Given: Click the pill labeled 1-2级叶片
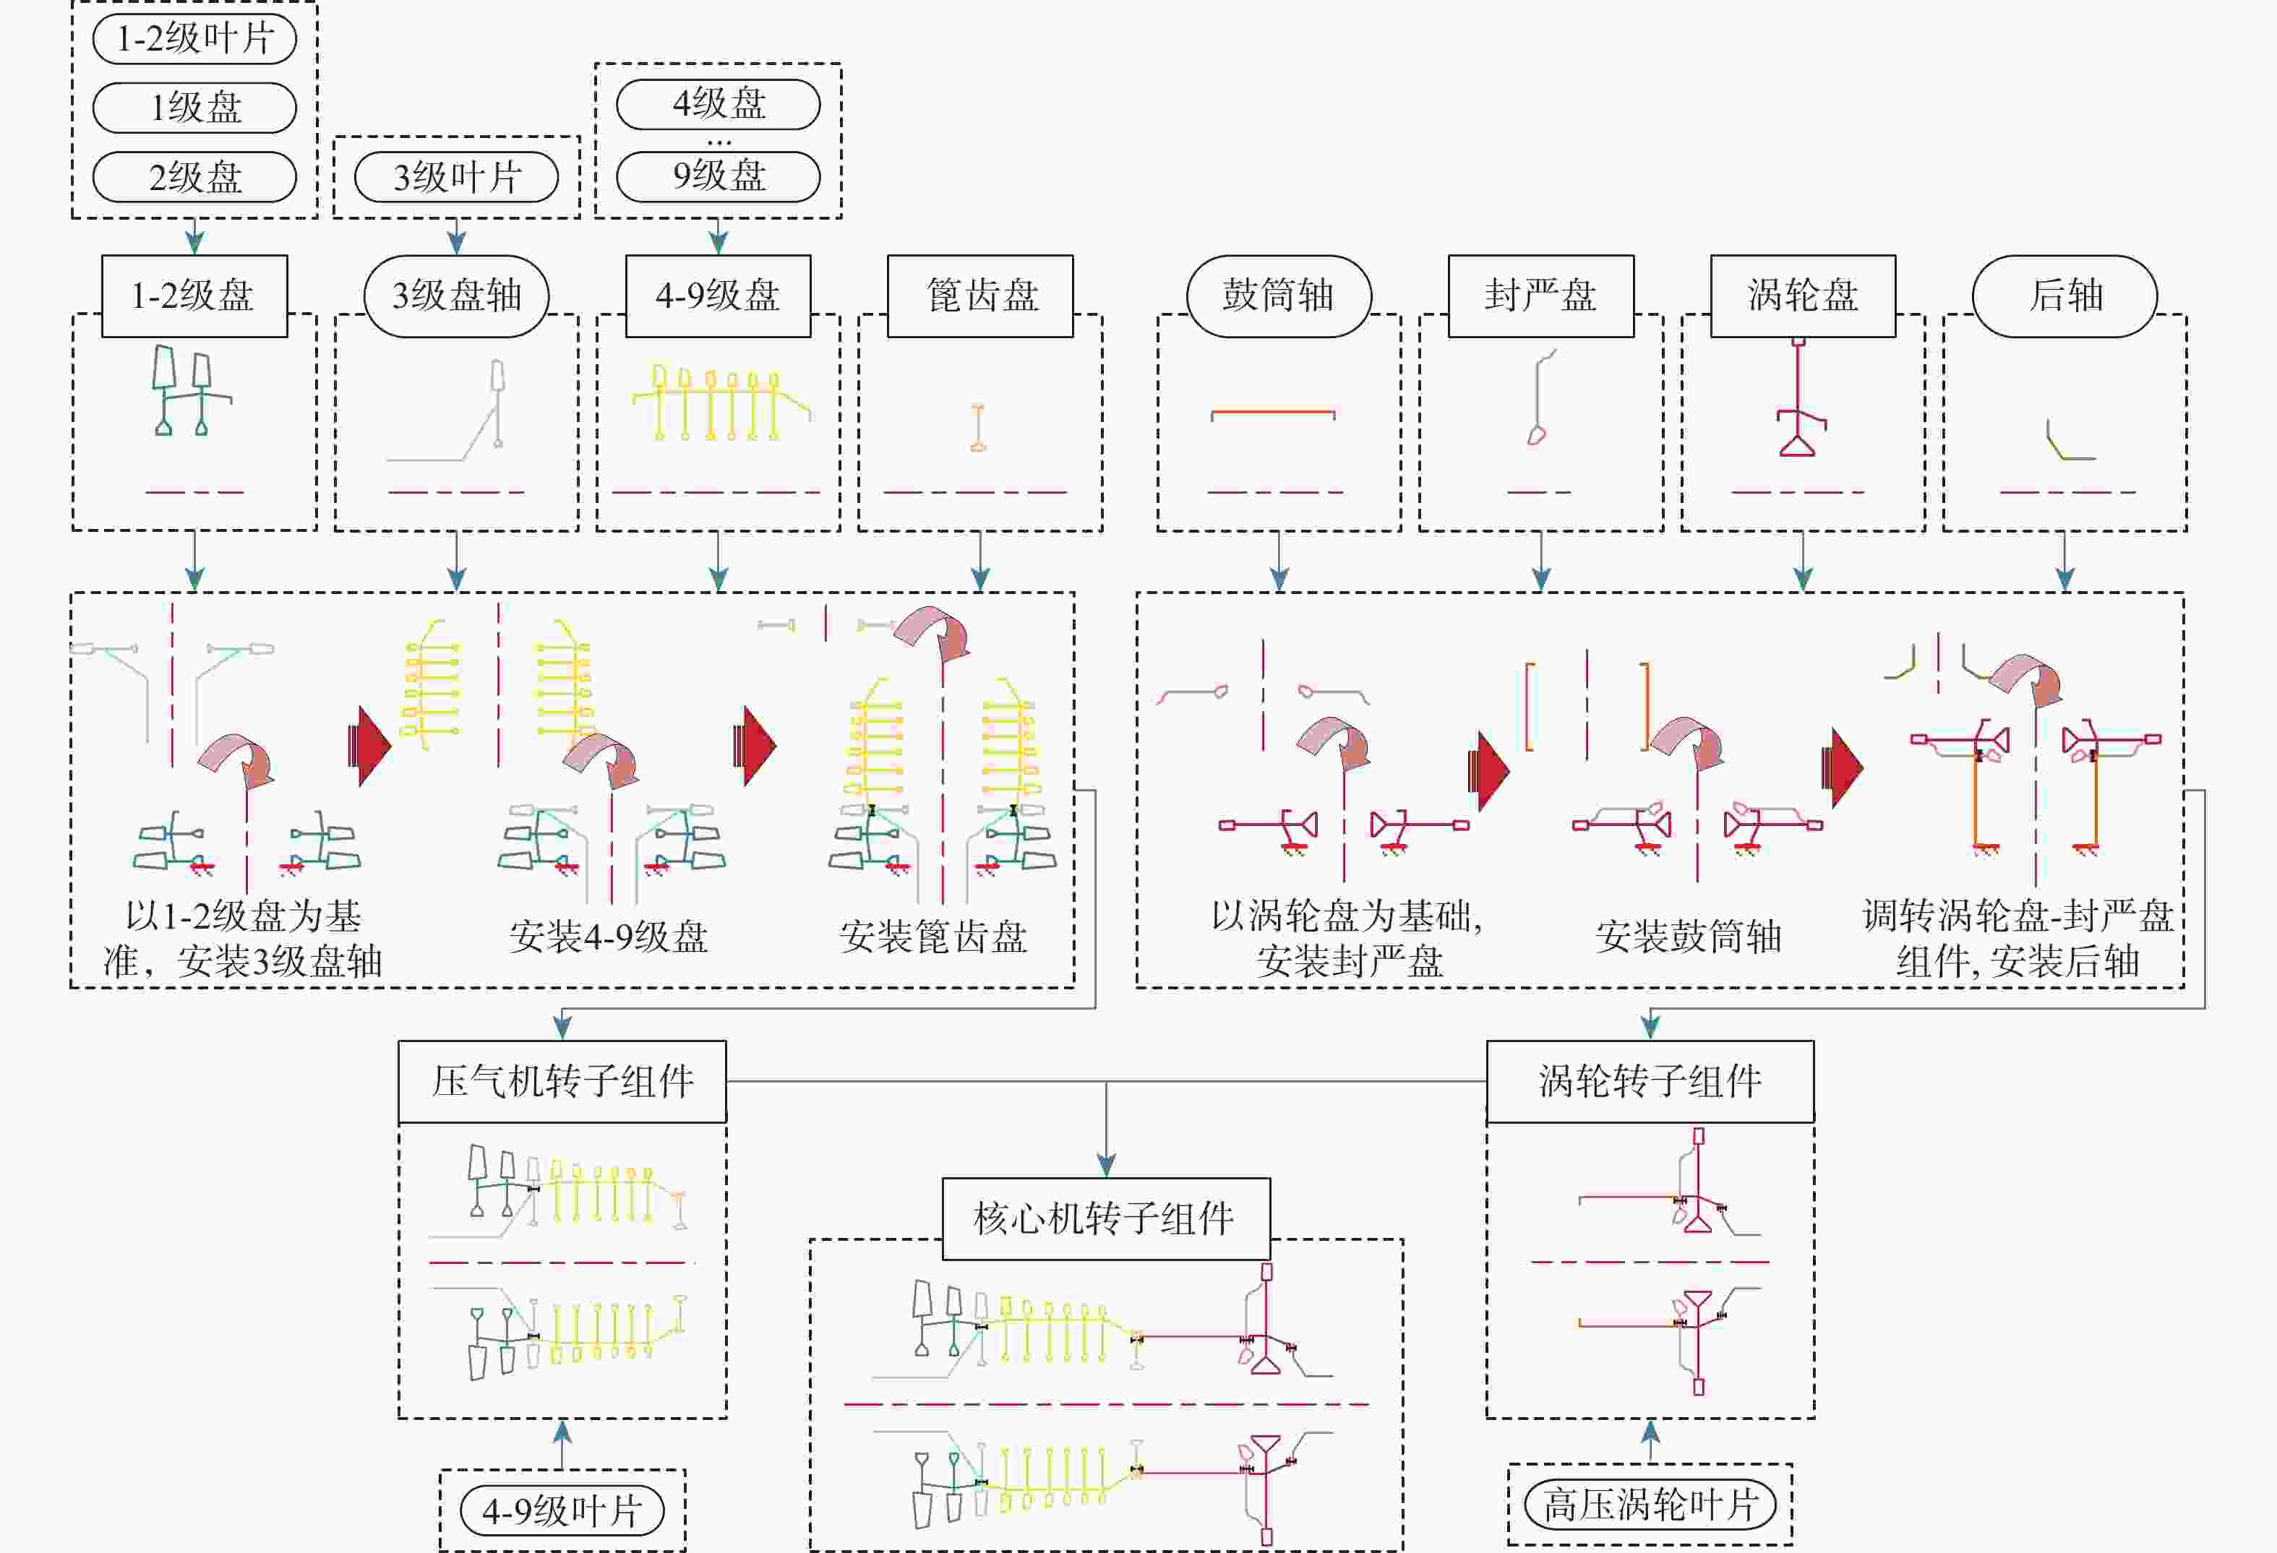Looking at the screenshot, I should (194, 39).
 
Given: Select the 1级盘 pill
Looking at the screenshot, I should (194, 108).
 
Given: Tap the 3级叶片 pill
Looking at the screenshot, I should (457, 177).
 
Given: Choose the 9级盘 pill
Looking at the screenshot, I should (719, 176).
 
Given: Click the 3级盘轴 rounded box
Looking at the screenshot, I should (457, 296).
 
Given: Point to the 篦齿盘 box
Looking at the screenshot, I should (979, 296).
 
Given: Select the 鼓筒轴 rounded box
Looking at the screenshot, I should (1279, 296).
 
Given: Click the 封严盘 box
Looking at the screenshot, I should (1540, 296).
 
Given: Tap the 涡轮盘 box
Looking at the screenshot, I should (1803, 296).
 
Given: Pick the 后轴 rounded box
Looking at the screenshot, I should (2064, 296).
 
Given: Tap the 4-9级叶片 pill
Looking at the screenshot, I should (562, 1510).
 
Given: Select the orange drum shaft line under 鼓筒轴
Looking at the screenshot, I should (1273, 413).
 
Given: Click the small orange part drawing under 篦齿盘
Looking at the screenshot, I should (978, 427).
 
